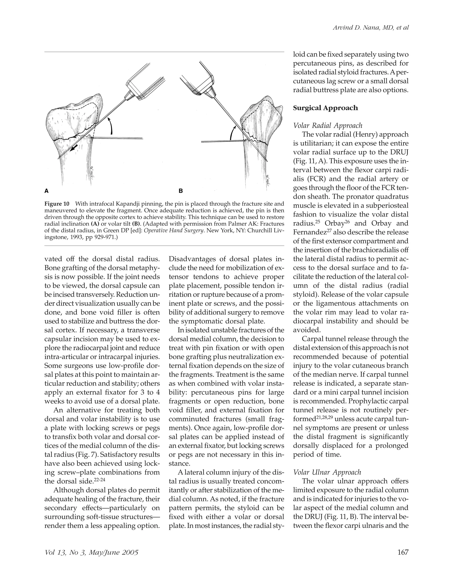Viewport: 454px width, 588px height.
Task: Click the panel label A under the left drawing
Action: (47, 191)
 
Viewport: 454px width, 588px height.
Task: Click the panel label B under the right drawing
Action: (181, 191)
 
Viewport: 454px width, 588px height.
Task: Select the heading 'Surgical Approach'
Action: (325, 108)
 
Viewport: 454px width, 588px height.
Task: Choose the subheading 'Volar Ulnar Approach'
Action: (327, 472)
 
